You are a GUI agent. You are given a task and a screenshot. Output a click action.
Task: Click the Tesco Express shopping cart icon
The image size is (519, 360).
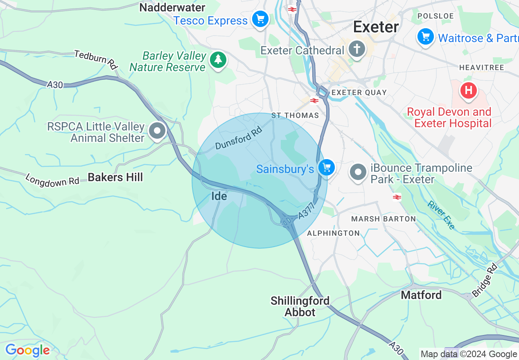(x=260, y=19)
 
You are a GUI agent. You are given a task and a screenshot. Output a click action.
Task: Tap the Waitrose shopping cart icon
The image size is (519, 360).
(x=426, y=37)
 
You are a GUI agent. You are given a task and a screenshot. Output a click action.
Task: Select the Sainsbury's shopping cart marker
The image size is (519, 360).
(x=327, y=167)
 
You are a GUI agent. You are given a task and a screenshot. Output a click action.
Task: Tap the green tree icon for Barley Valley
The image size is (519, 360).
(x=218, y=60)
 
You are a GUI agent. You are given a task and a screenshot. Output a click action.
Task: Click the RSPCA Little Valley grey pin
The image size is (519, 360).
(x=157, y=131)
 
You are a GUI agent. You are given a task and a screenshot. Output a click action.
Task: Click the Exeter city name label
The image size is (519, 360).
(x=376, y=27)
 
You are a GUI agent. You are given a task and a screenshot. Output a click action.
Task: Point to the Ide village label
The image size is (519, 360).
(x=219, y=196)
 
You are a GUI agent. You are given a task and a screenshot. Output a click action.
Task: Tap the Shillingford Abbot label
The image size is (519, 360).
(x=300, y=306)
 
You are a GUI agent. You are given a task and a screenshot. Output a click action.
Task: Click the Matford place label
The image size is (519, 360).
(x=421, y=295)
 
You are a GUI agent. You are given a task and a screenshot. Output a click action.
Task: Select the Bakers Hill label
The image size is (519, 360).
(x=115, y=177)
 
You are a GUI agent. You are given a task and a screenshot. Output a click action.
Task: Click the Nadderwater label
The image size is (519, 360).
(x=172, y=7)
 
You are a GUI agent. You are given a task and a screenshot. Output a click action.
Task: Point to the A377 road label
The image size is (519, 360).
(x=306, y=211)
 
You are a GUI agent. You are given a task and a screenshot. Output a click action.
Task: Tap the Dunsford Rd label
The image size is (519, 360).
(x=238, y=139)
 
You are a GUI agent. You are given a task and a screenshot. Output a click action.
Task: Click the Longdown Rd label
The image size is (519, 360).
(x=52, y=180)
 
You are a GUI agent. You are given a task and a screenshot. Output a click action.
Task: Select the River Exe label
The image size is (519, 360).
(x=441, y=215)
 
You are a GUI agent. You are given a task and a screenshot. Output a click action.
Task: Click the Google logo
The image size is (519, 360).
(x=27, y=350)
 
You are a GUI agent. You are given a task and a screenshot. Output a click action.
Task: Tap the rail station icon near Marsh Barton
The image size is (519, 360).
(x=397, y=197)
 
